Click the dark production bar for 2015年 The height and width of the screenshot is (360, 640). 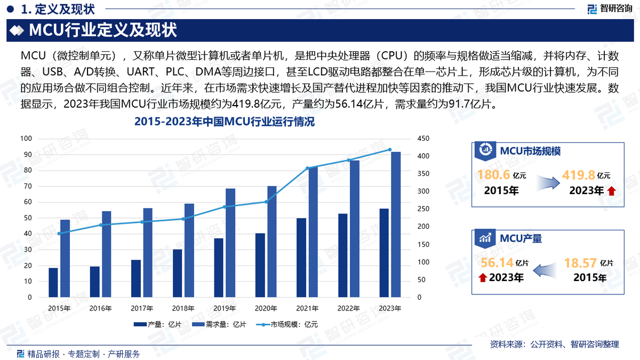[x=53, y=283]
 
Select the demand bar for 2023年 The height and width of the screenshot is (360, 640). [x=396, y=225]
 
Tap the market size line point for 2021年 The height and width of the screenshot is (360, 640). [x=308, y=168]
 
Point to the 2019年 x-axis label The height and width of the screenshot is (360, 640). [x=225, y=308]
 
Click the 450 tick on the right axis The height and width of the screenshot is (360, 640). [x=423, y=139]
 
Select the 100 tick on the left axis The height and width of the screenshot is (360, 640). [x=26, y=139]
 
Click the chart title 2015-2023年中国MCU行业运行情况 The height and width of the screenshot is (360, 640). [x=225, y=123]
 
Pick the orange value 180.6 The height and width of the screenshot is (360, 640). [x=493, y=175]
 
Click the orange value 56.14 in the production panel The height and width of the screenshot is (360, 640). [x=497, y=262]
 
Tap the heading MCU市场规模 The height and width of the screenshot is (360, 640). [x=530, y=151]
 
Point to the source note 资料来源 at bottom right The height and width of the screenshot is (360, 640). [x=554, y=345]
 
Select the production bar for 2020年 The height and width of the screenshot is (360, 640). [x=260, y=265]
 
